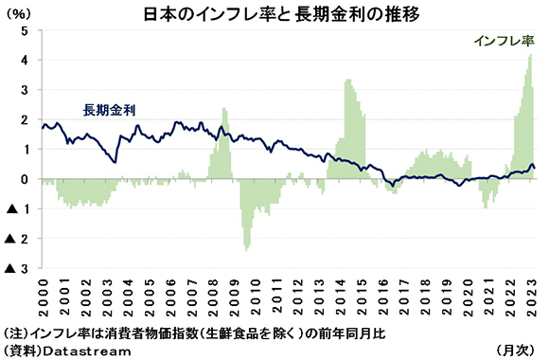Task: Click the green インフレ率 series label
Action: tap(504, 40)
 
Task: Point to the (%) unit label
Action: tap(19, 17)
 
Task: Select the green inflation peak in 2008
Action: tap(224, 110)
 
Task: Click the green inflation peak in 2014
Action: tap(347, 81)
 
